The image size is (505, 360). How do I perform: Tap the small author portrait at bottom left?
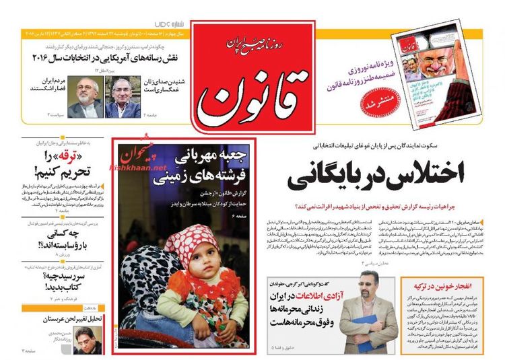(x=87, y=340)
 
